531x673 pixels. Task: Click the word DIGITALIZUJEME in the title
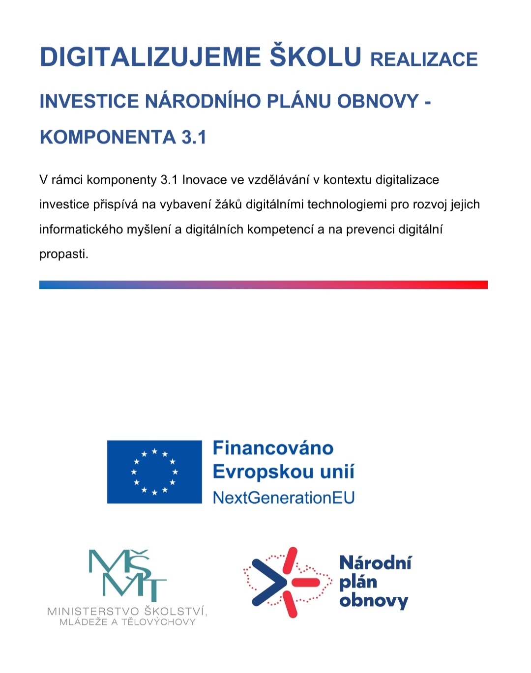(x=150, y=57)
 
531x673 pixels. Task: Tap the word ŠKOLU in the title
(x=316, y=56)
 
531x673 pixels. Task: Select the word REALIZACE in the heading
(x=424, y=59)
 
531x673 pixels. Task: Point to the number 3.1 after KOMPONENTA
(x=194, y=138)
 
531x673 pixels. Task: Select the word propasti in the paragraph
(x=63, y=254)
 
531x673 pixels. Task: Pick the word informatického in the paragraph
(x=81, y=229)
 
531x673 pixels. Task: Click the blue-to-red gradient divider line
(x=264, y=285)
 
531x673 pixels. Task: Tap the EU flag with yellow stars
(x=154, y=472)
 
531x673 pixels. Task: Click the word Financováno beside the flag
(x=273, y=448)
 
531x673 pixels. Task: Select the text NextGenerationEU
(x=284, y=498)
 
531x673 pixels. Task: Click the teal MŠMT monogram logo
(x=127, y=575)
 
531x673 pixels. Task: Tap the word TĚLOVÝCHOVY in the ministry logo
(x=158, y=622)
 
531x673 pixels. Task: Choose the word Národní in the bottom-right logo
(x=376, y=563)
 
